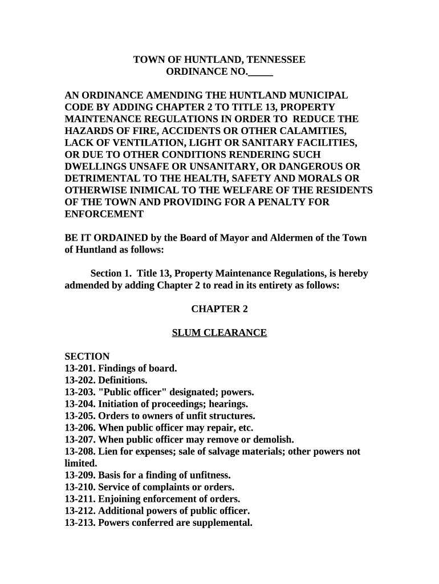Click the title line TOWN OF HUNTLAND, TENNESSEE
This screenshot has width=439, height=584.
[219, 60]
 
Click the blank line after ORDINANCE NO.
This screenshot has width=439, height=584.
[261, 72]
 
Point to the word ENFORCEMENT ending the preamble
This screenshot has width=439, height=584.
[104, 214]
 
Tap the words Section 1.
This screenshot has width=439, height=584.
[111, 274]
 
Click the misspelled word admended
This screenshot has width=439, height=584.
[86, 286]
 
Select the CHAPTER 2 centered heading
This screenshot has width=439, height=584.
[219, 309]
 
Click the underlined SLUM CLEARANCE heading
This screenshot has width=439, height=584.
[219, 333]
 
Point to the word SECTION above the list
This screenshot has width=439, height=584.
[87, 356]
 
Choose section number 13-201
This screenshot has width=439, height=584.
[80, 368]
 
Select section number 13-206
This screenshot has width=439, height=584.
[80, 428]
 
